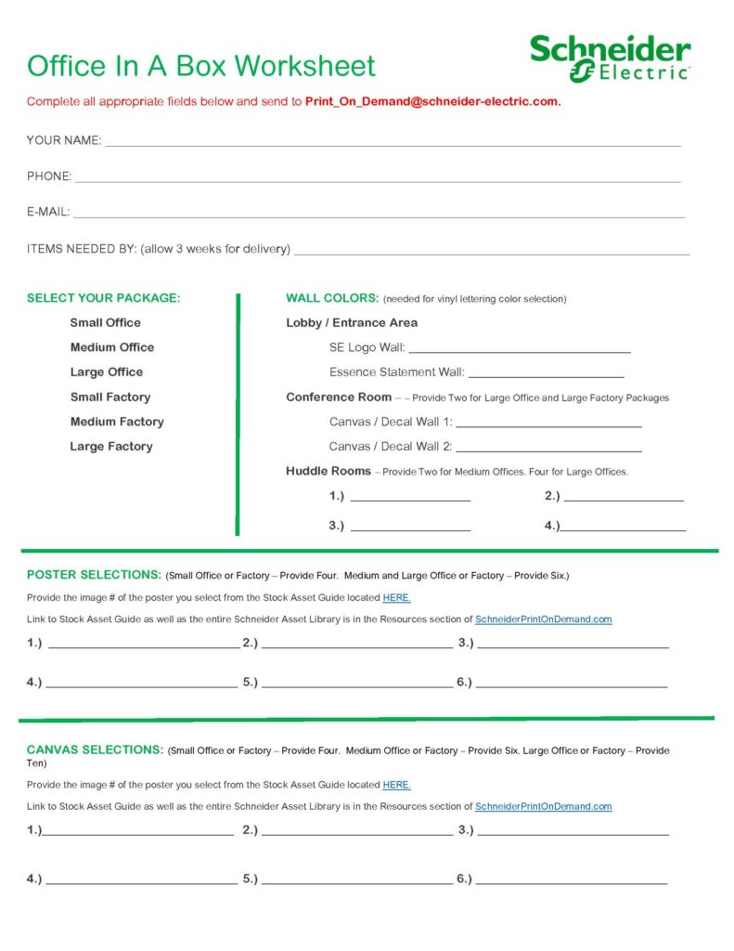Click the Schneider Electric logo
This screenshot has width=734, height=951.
coord(610,59)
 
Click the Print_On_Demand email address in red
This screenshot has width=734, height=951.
coord(432,101)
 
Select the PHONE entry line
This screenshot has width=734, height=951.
coord(377,178)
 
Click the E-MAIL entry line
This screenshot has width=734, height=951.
coord(379,214)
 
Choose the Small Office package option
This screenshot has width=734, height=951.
coord(106,322)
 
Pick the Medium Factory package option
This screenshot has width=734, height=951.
coord(117,422)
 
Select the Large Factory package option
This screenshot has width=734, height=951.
coord(111,447)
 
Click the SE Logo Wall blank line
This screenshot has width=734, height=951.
coord(519,350)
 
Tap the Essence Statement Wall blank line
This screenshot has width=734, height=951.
coord(546,374)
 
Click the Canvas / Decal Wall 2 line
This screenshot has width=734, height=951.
coord(548,449)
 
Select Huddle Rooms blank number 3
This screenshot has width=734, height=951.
coord(410,528)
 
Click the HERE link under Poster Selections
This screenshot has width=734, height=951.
coord(396,597)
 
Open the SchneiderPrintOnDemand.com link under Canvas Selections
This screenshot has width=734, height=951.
coord(543,807)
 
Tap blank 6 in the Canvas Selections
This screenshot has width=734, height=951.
coord(571,880)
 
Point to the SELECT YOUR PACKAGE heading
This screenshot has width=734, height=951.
coord(104,298)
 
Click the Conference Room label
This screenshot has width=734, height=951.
coord(339,397)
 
